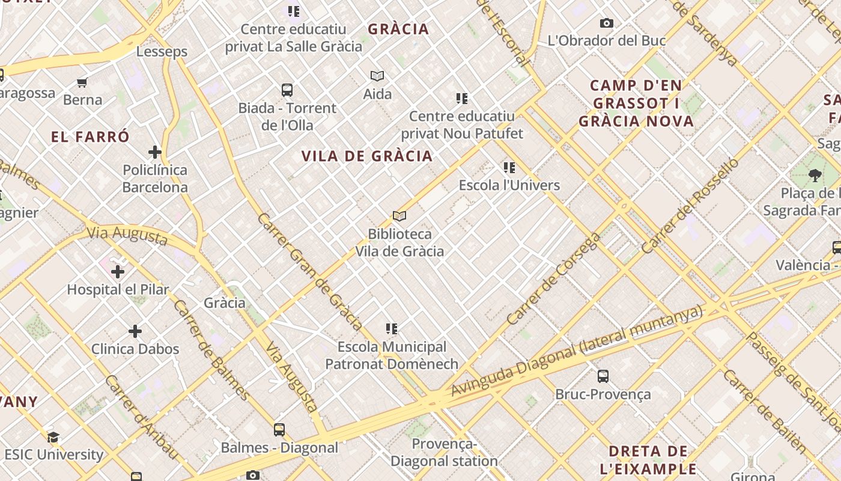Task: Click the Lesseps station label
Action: tap(162, 52)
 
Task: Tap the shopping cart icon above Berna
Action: tap(82, 82)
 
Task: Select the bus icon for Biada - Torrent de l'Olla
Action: tap(287, 90)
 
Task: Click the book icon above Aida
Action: tap(377, 76)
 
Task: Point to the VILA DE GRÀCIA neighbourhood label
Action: tap(367, 156)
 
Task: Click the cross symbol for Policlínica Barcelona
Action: tap(155, 152)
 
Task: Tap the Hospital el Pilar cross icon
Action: tap(118, 272)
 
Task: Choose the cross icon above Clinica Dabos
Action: tap(135, 331)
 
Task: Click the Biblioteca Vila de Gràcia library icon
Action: tap(399, 216)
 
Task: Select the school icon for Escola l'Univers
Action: tap(509, 168)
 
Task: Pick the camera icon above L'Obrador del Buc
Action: tap(607, 23)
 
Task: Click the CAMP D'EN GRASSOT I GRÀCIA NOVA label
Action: tap(637, 103)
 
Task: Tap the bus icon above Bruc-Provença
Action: tap(603, 376)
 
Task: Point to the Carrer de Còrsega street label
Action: tap(553, 279)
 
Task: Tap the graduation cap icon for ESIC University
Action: tap(53, 437)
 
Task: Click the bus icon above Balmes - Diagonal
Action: tap(279, 430)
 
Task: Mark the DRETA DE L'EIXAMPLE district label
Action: tap(648, 460)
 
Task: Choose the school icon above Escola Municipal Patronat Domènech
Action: tap(392, 329)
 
